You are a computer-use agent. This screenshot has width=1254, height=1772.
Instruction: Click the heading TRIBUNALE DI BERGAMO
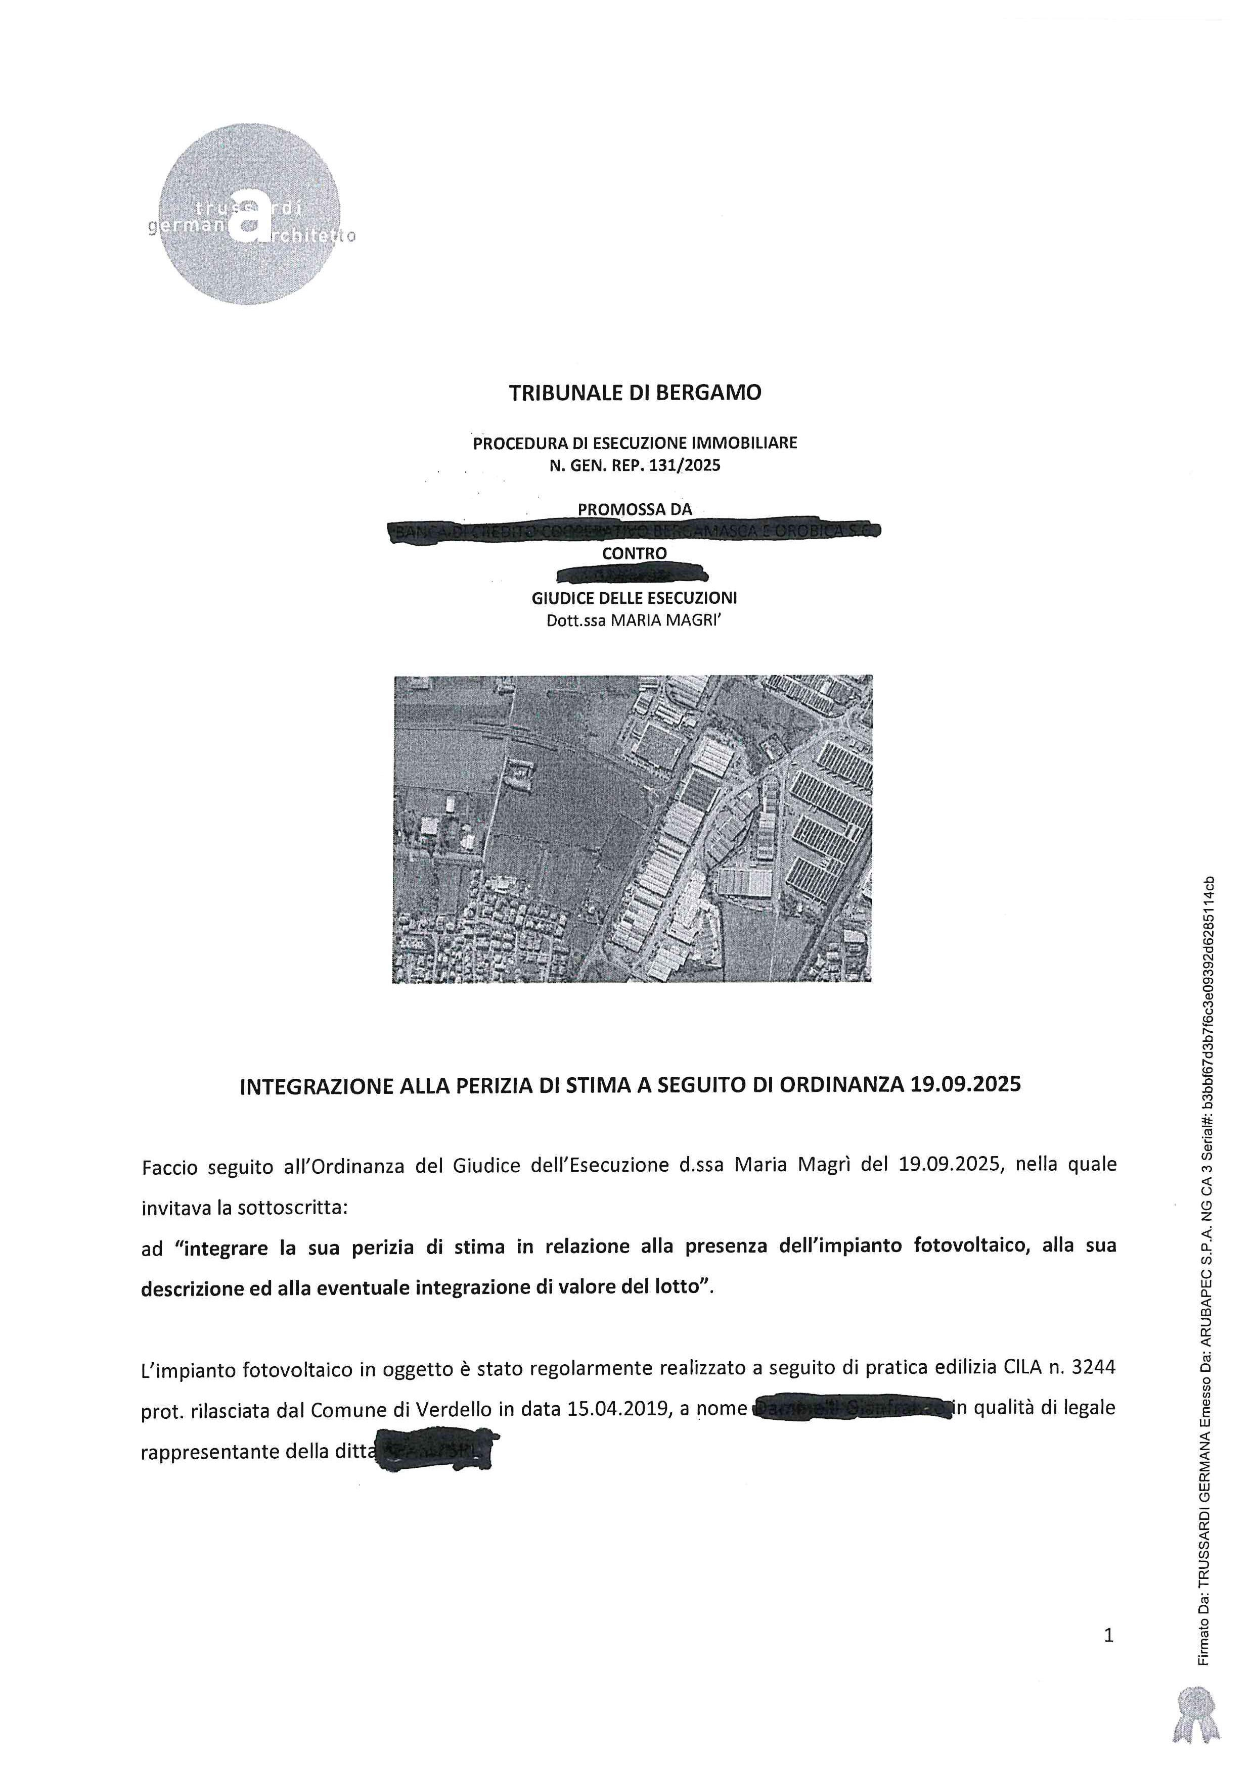pos(635,393)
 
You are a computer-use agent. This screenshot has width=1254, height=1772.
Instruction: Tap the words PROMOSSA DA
pos(635,509)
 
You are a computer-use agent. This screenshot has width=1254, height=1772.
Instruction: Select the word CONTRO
pos(634,553)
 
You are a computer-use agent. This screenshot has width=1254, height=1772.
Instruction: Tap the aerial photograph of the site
pos(633,828)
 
